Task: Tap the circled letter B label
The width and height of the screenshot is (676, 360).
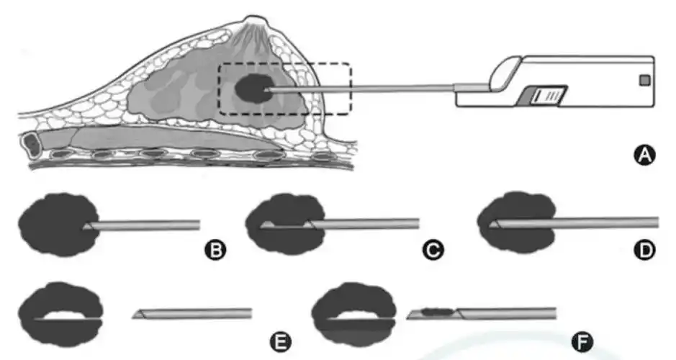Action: (213, 250)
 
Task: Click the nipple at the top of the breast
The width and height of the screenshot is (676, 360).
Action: (253, 26)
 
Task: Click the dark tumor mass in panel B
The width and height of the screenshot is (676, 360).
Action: (54, 223)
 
